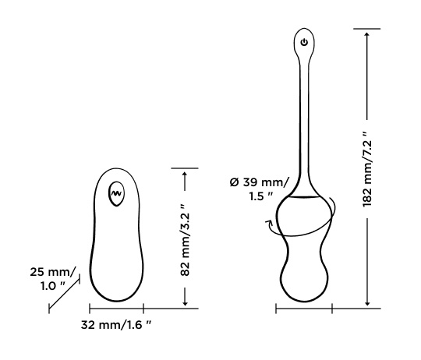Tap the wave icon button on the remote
(x=117, y=190)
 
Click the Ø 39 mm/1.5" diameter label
(x=259, y=188)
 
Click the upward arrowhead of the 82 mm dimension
(x=184, y=175)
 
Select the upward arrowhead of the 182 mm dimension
(x=367, y=34)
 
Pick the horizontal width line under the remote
(x=117, y=309)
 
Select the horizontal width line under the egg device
(x=304, y=309)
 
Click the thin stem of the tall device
(x=304, y=117)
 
